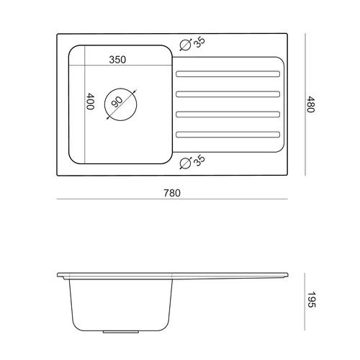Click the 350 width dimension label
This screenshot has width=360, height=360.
tap(117, 60)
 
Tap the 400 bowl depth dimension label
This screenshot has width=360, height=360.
tap(90, 102)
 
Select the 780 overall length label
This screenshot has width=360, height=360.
tap(172, 193)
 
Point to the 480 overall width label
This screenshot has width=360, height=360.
tap(310, 104)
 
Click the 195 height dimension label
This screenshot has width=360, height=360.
tap(311, 300)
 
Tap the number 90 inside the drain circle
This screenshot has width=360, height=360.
tap(117, 102)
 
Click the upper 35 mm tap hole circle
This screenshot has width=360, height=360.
tap(186, 45)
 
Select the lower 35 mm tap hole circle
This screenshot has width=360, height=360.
tap(186, 163)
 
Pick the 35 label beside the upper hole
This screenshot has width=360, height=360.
tap(199, 42)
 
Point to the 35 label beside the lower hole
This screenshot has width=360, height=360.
tap(199, 161)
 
